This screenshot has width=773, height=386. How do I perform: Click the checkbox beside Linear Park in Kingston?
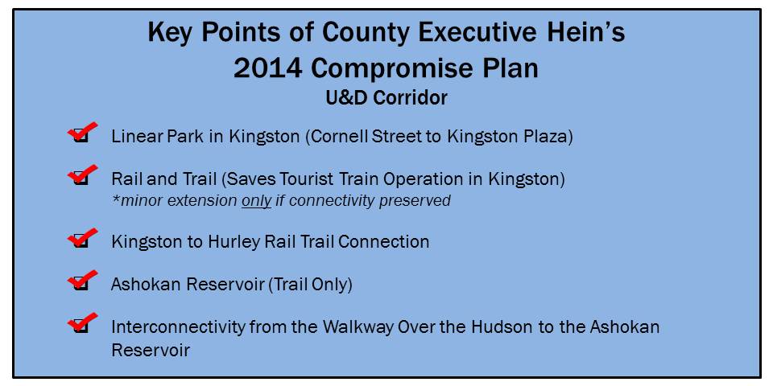(x=81, y=137)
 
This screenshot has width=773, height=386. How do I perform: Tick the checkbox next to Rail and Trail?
(x=81, y=179)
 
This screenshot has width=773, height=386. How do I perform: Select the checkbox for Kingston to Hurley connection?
(x=81, y=242)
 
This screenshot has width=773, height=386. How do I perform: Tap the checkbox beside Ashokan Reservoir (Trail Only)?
(x=81, y=284)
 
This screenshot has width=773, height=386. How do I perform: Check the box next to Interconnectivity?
(x=81, y=326)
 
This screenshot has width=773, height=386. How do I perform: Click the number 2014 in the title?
(x=267, y=69)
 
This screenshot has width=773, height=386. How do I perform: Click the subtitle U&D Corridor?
(x=386, y=98)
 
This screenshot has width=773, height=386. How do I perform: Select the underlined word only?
(x=256, y=201)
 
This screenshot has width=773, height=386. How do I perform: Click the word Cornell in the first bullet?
(x=341, y=137)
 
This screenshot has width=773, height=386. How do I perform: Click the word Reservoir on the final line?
(x=151, y=350)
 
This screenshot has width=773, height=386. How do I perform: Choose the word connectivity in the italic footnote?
(x=331, y=201)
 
